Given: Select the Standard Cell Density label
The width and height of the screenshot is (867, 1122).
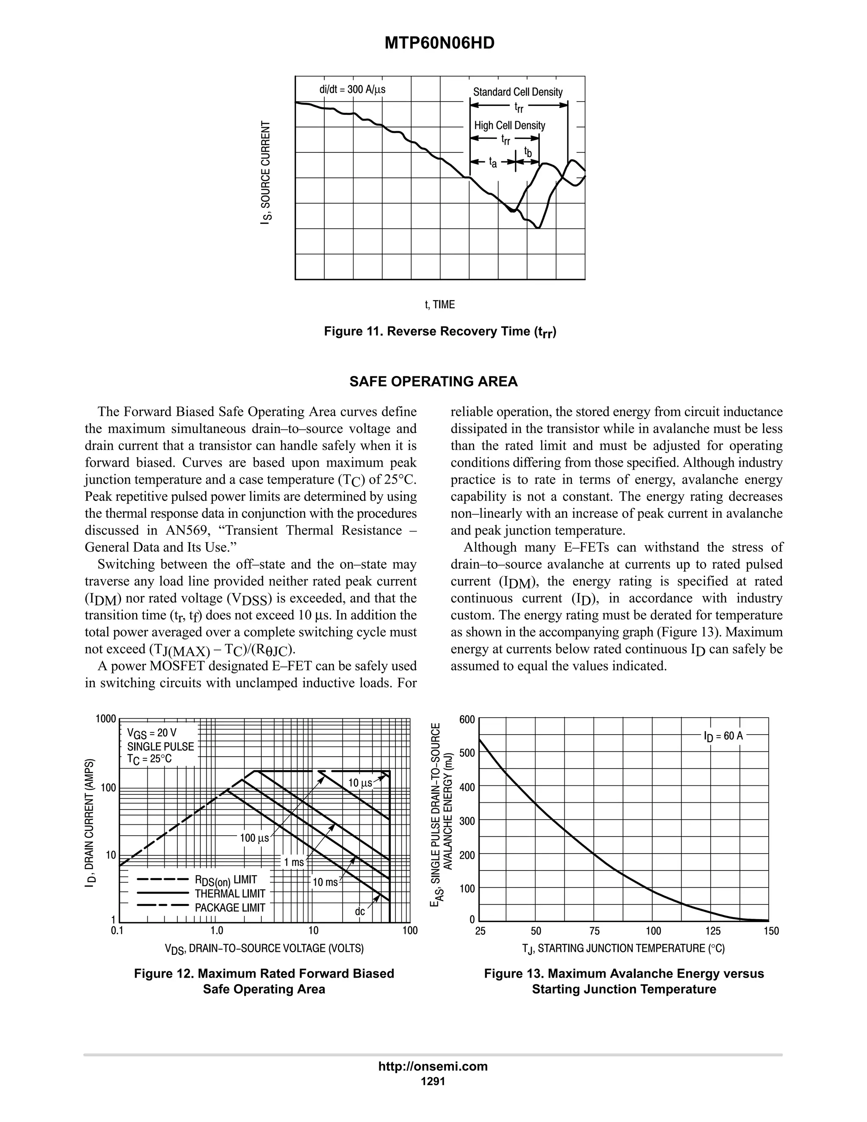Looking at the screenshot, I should (x=518, y=92).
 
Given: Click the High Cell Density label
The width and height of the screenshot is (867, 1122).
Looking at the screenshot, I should (x=510, y=125).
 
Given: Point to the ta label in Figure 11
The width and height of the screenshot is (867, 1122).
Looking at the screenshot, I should (x=493, y=163).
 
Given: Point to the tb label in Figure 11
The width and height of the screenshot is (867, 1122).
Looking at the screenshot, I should (x=527, y=152).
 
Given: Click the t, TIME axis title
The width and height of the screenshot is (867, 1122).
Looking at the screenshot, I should (x=440, y=305).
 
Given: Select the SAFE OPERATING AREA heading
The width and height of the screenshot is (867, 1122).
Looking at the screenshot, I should (x=433, y=382).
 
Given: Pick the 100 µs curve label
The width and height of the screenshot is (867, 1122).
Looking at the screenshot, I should (x=254, y=838).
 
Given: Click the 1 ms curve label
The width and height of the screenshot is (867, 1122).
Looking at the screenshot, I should (x=294, y=862).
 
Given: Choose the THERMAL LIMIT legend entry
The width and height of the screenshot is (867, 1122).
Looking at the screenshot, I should (x=229, y=893).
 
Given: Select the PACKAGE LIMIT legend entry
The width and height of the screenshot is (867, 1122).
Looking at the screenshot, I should (x=229, y=907).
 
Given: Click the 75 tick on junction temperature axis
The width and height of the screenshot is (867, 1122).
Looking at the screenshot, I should (x=595, y=931).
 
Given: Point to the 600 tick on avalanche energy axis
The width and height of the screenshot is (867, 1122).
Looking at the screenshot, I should (x=467, y=719).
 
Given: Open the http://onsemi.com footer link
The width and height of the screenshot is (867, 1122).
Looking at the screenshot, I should (x=433, y=1066).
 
